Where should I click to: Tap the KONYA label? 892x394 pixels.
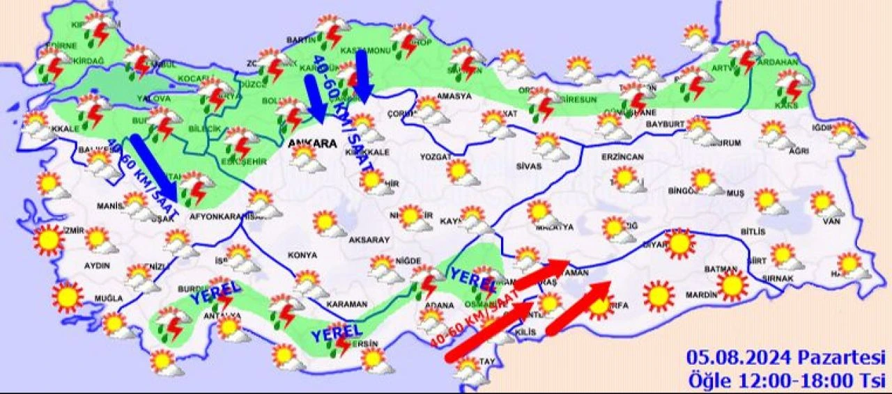301,255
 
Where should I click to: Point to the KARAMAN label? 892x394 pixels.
346,304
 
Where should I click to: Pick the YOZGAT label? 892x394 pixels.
436,157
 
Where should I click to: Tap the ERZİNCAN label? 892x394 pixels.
622,157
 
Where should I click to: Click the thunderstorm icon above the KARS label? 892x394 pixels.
792,85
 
